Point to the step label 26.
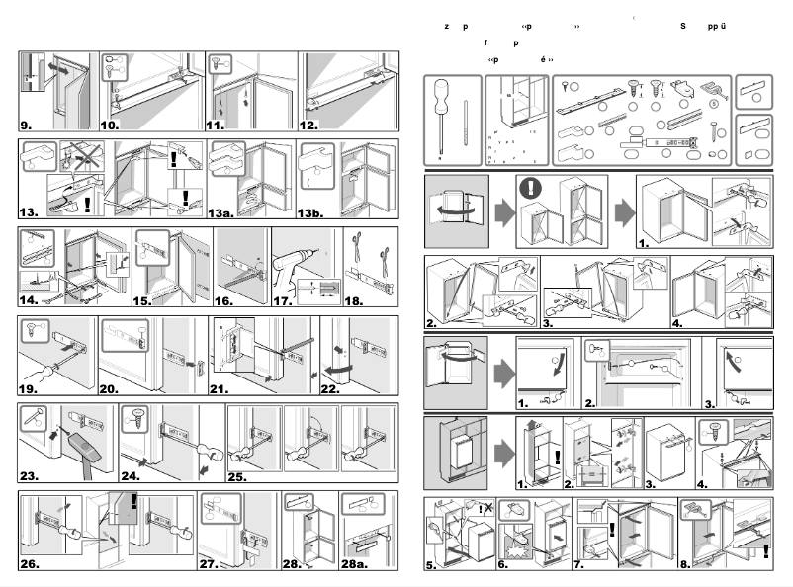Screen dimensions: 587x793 (x=32, y=565)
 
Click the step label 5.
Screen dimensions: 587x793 (x=431, y=566)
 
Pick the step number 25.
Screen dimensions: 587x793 (x=241, y=475)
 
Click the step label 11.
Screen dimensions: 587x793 (x=218, y=126)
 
